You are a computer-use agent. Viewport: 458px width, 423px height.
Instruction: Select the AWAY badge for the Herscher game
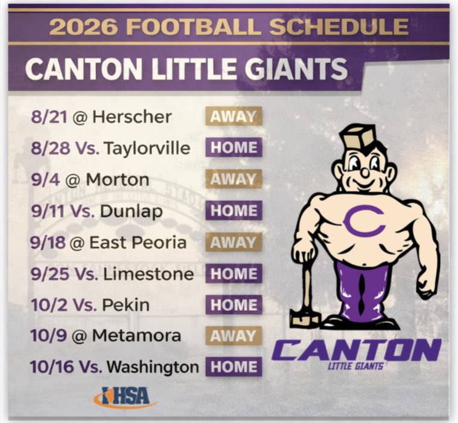point(234,116)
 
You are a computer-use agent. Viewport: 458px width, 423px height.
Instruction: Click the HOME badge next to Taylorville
point(234,148)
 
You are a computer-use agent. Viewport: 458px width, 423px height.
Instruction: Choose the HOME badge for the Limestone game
point(234,274)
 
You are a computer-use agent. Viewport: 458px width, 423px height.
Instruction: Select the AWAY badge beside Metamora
point(234,336)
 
